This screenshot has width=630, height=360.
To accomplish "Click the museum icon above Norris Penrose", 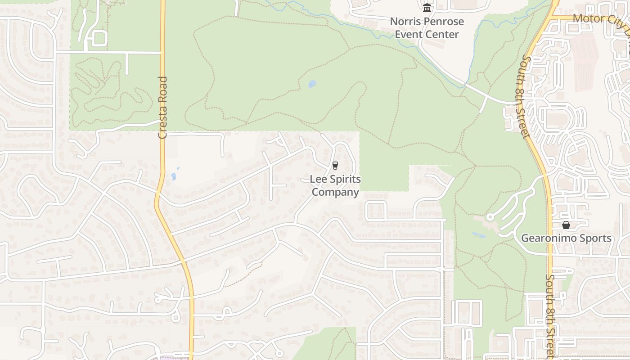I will click(427, 8).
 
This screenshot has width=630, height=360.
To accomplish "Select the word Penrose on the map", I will click(445, 21).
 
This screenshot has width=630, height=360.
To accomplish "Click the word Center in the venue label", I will click(443, 34).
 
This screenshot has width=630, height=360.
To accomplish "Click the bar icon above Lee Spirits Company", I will click(335, 166).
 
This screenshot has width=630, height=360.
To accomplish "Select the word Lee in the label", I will click(318, 179).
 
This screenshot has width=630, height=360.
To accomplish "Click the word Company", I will click(335, 192).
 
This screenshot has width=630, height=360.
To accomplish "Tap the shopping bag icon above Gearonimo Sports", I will click(566, 225).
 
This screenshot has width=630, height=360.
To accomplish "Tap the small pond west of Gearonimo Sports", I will click(478, 234).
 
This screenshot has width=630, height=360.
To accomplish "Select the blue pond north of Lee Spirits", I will click(312, 84).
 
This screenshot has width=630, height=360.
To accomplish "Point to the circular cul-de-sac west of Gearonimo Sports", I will click(490, 217).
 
